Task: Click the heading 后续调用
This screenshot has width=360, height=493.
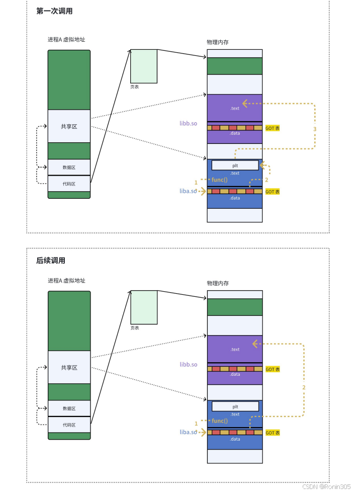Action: [51, 261]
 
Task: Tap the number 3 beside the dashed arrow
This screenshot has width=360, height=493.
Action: [315, 129]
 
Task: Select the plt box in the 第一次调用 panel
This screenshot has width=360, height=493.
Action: [235, 166]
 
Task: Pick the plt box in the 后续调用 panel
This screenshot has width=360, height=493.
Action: [235, 406]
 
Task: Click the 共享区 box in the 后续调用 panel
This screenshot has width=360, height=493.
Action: [69, 367]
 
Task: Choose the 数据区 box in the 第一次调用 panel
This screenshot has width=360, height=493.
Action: [69, 167]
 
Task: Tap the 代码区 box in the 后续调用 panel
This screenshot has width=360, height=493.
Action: [69, 425]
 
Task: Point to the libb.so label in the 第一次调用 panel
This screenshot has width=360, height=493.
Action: [189, 123]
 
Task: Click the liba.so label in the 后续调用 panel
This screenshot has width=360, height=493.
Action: [189, 432]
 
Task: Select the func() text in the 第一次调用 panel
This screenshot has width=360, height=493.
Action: [220, 180]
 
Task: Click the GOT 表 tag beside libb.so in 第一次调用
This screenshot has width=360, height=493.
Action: [273, 128]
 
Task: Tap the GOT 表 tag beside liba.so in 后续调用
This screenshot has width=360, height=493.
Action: [273, 433]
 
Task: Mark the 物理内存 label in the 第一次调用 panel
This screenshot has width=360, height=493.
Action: [218, 42]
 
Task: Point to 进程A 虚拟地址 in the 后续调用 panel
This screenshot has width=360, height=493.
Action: [69, 281]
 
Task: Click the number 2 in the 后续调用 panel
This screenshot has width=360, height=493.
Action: [304, 387]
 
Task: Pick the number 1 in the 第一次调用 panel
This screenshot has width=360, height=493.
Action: [196, 182]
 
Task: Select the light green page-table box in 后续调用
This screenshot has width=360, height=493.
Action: [144, 307]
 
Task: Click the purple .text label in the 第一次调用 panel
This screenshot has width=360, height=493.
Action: [235, 108]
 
